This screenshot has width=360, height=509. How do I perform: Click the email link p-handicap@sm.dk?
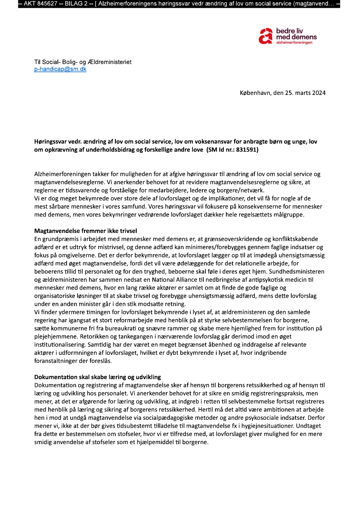click(60, 69)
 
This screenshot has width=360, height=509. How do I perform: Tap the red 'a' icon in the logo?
click(265, 37)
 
